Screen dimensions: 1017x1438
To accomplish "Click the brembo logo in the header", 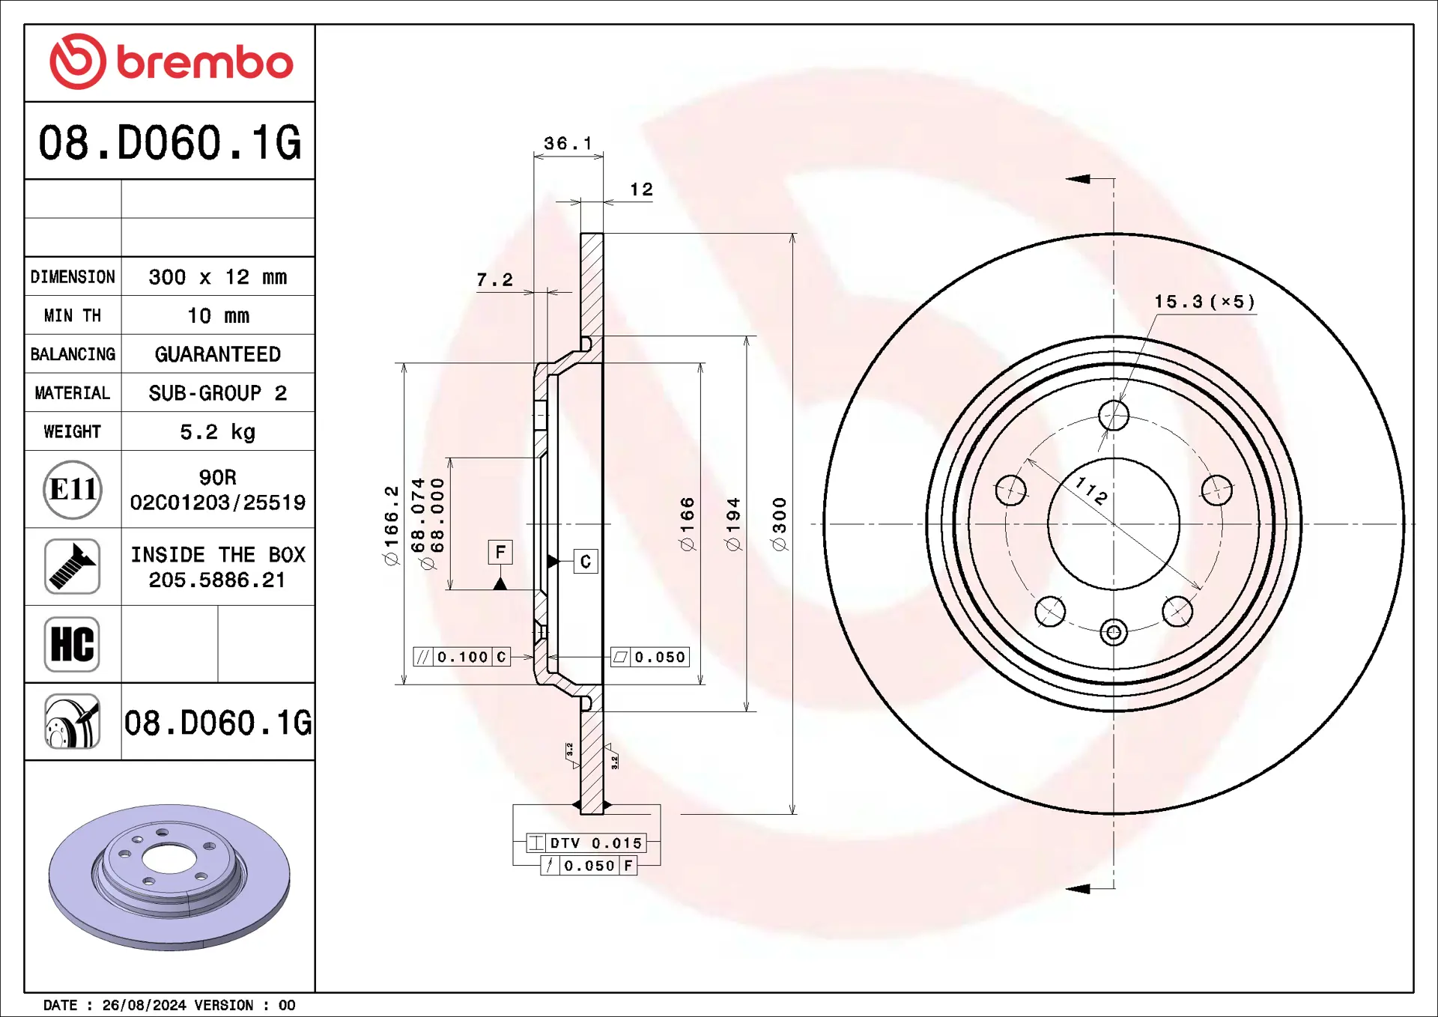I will point(170,62).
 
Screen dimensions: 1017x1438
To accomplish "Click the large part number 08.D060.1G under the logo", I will point(170,142).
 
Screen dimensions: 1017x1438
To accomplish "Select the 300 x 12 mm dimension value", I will point(217,277).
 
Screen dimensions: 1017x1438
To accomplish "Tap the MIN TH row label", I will point(73,316).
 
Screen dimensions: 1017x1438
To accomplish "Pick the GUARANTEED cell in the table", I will point(217,354).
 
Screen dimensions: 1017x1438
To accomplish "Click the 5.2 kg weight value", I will point(217,432).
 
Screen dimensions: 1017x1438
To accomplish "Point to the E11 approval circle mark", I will point(73,490).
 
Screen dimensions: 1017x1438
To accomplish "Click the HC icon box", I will point(72,644).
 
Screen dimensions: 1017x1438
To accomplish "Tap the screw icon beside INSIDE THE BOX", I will point(73,567).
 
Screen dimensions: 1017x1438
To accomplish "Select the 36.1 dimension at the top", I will point(568,143).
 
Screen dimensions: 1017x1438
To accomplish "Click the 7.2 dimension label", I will point(494,280).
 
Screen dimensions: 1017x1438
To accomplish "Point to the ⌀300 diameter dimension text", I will point(780,524).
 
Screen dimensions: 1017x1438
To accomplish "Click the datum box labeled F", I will point(500,553).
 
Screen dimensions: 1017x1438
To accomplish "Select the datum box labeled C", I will point(586,562).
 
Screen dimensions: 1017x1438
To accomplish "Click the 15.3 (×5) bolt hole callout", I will point(1204,302).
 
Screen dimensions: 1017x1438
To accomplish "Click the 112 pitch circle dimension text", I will point(1090,492).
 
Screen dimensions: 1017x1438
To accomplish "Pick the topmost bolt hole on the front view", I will point(1114,415).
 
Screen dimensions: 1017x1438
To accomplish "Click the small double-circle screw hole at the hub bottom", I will point(1114,633).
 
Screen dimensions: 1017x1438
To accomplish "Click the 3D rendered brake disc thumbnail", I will point(169,876).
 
